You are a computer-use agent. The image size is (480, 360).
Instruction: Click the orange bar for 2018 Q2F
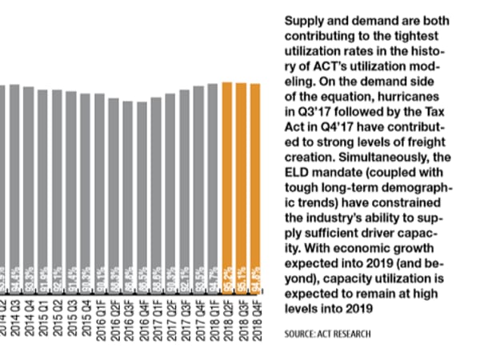(x=226, y=176)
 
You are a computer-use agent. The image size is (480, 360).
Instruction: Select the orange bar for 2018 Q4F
(x=255, y=176)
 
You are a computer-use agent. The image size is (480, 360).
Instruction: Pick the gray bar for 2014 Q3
(x=14, y=176)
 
